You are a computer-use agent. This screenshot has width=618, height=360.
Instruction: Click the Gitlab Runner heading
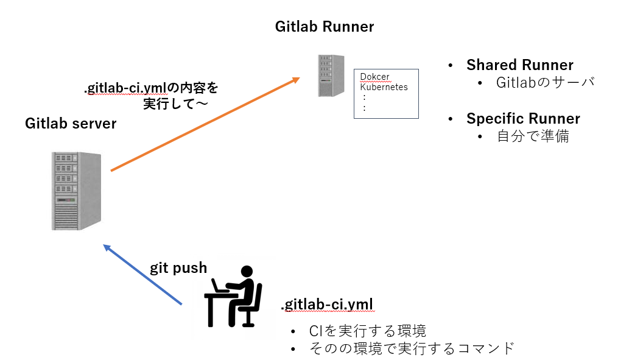coord(324,27)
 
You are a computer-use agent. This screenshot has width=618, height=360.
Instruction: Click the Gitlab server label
coord(71,124)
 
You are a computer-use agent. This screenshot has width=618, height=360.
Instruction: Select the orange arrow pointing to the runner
coord(205,125)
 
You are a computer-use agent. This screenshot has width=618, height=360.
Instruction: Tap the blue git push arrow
coord(143,275)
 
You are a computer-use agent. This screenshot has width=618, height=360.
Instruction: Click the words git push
coord(178,268)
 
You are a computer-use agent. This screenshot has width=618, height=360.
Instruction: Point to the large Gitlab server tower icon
coord(76,191)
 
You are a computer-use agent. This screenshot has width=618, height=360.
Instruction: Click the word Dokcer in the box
coord(374,77)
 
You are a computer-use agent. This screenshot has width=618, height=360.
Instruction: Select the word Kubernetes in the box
coord(384,87)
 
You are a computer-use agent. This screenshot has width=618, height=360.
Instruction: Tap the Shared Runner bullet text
coord(519,65)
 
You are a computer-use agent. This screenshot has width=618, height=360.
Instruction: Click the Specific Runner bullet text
coord(523,118)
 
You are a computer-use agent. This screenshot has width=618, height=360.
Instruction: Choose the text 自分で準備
coord(533,136)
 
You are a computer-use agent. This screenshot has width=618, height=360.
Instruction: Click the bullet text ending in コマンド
coord(412,348)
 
